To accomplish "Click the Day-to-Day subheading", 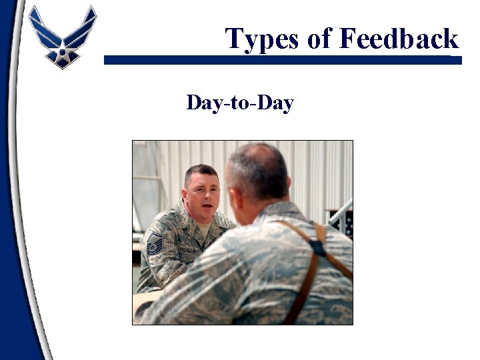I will click(240, 103).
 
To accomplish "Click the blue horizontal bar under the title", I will click(280, 60).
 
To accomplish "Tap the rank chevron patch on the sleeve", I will click(154, 245).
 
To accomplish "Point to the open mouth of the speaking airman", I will click(207, 207).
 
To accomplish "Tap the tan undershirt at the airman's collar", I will click(203, 230).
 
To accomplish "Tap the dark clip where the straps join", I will click(319, 247).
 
